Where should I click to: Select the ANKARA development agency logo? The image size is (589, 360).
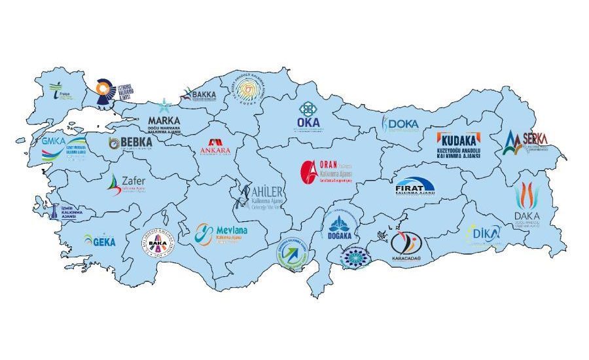pos(215,147)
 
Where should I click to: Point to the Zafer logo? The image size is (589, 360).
pos(124,185)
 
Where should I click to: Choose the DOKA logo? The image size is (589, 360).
pos(401,123)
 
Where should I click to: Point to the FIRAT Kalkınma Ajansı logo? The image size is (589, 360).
pos(414,187)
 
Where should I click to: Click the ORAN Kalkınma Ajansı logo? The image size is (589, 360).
pos(327,171)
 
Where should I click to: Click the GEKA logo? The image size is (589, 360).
pos(99,241)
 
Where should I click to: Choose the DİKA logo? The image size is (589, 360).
pos(484,233)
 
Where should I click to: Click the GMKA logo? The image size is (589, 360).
pos(63,148)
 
